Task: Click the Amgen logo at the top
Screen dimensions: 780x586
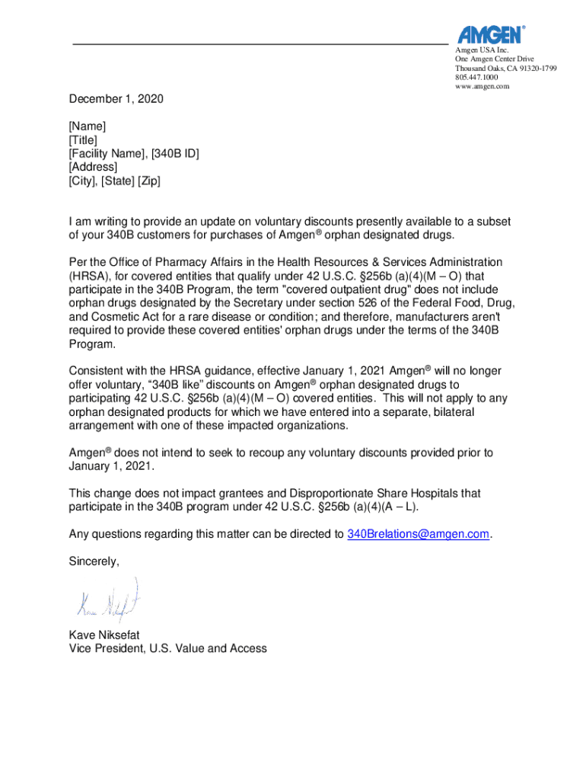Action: click(491, 34)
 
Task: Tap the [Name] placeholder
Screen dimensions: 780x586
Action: click(88, 126)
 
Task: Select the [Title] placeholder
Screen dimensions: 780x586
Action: click(83, 139)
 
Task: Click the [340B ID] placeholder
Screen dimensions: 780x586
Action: click(175, 153)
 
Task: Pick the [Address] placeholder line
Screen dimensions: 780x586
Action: click(93, 167)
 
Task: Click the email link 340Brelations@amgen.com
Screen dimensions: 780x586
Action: click(418, 534)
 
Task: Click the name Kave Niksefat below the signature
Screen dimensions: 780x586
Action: click(104, 635)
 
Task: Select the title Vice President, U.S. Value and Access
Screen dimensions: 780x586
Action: click(167, 648)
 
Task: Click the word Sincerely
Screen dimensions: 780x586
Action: click(94, 561)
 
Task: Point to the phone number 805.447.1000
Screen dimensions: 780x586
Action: click(476, 77)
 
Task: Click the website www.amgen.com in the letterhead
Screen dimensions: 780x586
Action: click(482, 86)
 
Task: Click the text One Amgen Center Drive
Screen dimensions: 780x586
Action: click(494, 59)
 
